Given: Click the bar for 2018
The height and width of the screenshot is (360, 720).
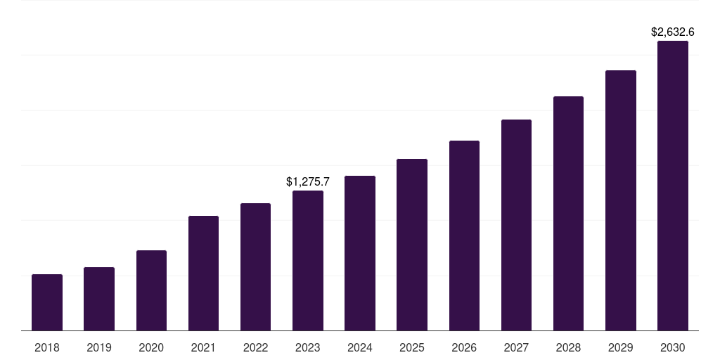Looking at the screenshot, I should point(47,302).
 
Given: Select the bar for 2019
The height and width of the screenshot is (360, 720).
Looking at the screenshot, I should point(99,299).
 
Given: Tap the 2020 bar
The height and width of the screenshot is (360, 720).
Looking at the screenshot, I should point(151,290).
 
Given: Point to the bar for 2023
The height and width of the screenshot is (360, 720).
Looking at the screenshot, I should point(308,260).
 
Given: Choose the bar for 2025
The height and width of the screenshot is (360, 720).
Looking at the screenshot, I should point(412,245).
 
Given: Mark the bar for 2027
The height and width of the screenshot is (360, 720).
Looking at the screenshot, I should point(516,225).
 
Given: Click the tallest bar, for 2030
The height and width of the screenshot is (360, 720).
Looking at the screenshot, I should point(673,186).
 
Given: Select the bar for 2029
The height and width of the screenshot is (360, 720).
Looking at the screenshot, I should point(621,200).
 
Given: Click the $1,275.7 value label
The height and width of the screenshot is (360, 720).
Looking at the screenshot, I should point(308,181).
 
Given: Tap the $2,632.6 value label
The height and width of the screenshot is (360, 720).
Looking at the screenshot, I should point(673,32).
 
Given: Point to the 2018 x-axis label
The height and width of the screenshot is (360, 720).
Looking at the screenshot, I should point(47,347).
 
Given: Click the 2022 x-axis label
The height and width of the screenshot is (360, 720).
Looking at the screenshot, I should point(255,347).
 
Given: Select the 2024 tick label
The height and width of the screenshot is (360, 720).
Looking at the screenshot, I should point(360,347).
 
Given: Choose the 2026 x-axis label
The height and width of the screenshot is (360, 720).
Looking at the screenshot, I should point(464,347).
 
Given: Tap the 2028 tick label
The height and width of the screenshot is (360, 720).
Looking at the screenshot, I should point(568,347).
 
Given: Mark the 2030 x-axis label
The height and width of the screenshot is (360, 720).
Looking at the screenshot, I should point(673,347).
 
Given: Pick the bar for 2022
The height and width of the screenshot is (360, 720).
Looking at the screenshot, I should point(255,266).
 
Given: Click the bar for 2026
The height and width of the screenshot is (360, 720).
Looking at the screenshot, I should point(464,236).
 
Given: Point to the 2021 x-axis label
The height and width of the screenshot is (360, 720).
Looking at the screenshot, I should point(203,347).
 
